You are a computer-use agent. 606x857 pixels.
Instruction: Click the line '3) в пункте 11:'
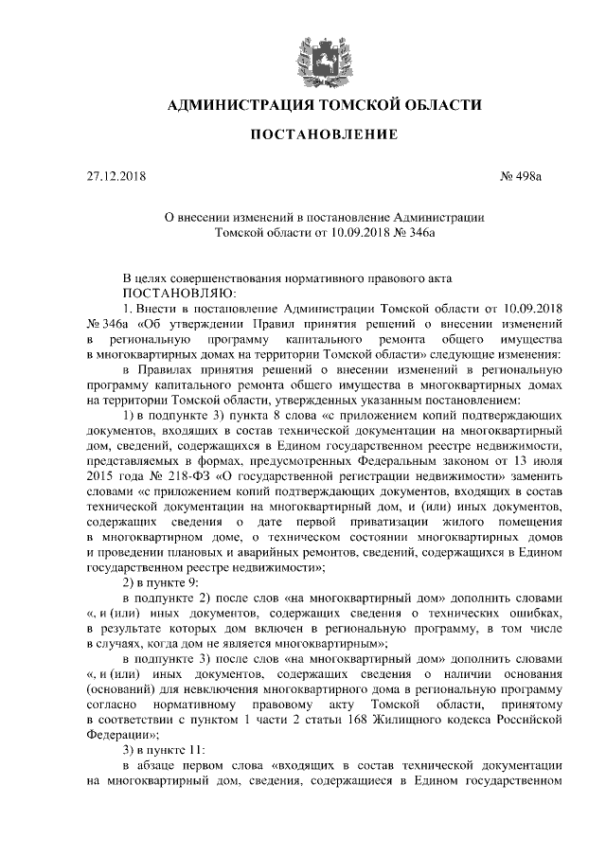coord(163,754)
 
